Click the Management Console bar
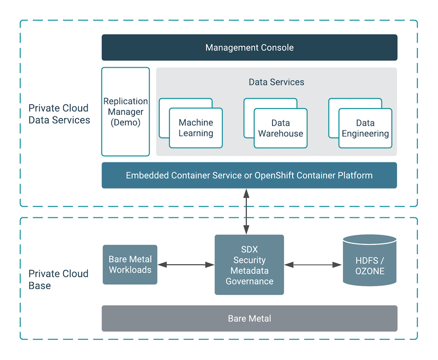249,47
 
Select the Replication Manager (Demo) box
125,111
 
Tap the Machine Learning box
196,128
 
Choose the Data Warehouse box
280,128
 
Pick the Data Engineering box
365,128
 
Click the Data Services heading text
276,82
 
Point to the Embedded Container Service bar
249,175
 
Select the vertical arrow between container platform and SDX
246,211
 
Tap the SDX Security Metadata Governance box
249,265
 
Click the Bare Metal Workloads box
130,265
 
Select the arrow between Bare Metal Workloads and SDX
186,265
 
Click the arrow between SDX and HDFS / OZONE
313,265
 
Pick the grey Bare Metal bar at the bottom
249,318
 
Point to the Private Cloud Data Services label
59,114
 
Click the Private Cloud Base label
58,280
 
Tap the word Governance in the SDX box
249,281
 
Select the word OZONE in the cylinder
369,271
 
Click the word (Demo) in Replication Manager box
125,122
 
